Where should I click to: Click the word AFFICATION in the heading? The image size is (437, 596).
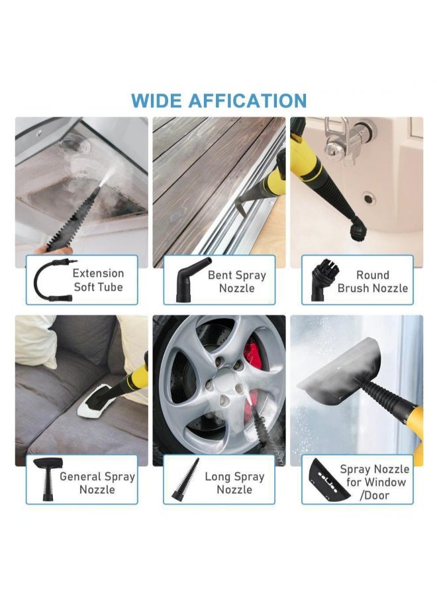pos(247,101)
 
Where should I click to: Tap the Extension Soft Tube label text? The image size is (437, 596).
pos(98,280)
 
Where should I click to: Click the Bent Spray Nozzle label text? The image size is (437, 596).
pos(236,281)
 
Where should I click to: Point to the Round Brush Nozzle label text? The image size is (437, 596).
pos(373,281)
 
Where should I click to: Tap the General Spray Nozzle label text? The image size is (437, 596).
pos(97,483)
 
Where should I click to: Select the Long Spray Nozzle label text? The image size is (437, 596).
pos(235,483)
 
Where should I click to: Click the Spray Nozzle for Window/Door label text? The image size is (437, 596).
pos(374,483)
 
